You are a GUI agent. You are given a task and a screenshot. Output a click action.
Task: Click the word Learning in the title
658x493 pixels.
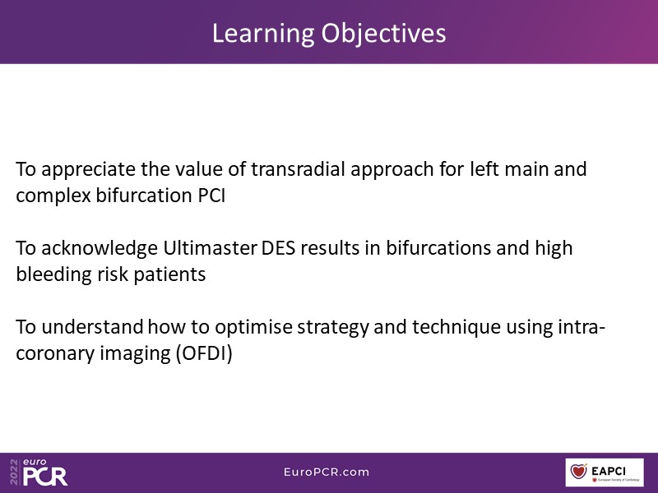(x=263, y=35)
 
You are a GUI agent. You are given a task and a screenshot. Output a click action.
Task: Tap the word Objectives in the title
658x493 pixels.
(x=383, y=35)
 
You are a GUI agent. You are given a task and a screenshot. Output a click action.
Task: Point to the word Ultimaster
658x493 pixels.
(x=210, y=248)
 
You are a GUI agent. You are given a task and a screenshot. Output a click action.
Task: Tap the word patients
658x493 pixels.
(x=169, y=275)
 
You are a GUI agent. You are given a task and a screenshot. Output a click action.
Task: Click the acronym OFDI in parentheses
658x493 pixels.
(x=204, y=354)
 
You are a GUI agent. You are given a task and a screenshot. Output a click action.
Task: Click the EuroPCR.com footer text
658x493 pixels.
(x=327, y=472)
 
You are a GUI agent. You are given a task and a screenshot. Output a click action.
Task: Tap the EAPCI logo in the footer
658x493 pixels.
(x=605, y=472)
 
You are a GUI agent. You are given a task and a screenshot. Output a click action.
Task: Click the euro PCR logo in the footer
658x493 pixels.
(x=45, y=472)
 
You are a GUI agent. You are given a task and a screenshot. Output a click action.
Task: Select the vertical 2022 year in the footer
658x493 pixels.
(x=14, y=472)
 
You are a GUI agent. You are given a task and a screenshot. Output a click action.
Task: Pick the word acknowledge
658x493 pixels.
(x=100, y=249)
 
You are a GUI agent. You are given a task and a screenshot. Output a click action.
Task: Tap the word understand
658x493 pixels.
(x=92, y=327)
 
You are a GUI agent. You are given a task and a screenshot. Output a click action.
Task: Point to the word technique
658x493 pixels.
(x=456, y=327)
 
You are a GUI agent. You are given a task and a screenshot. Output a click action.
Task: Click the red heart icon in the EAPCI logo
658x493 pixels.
(x=579, y=471)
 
